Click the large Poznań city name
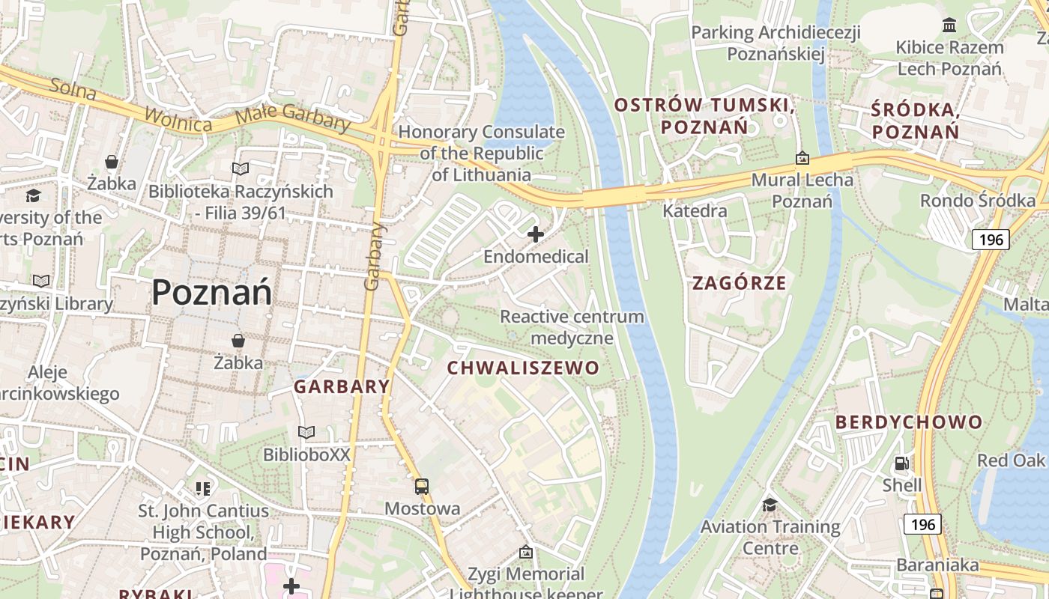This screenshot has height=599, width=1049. click(212, 292)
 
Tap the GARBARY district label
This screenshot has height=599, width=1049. click(342, 387)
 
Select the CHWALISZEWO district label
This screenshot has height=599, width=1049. click(523, 368)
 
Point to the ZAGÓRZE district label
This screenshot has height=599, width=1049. click(739, 283)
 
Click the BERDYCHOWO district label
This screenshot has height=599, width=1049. click(908, 422)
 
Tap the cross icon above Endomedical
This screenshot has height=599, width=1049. click(536, 235)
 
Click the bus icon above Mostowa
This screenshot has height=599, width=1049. click(422, 487)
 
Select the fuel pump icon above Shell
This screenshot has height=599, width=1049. click(902, 463)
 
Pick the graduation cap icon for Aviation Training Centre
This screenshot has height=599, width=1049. click(770, 505)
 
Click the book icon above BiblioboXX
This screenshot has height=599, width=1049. click(306, 432)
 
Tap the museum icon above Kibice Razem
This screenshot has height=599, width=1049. click(950, 25)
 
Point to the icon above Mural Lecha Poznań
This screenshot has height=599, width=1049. click(802, 158)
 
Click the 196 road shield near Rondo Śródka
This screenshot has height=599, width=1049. click(990, 240)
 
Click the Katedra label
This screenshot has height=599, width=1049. click(695, 211)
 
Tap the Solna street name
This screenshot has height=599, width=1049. click(73, 88)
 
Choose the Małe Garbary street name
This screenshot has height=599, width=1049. click(292, 118)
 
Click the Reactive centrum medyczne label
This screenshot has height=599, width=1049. click(572, 327)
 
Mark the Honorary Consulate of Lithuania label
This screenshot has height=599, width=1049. click(481, 153)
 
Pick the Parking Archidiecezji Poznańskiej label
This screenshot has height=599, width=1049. click(776, 43)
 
